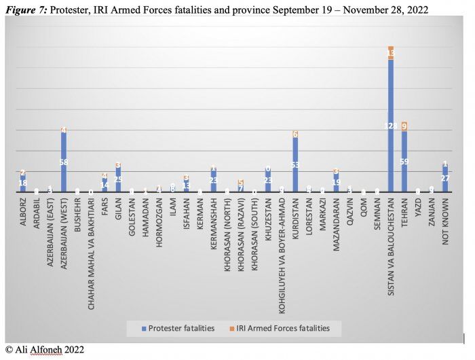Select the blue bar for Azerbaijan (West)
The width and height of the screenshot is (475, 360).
coord(64,163)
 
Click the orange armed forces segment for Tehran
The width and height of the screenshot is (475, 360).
coord(404,126)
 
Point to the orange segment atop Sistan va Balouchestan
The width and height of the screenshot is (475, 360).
coord(391,53)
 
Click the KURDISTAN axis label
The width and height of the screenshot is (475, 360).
coord(295,221)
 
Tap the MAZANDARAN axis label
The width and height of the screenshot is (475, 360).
coord(336,225)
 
